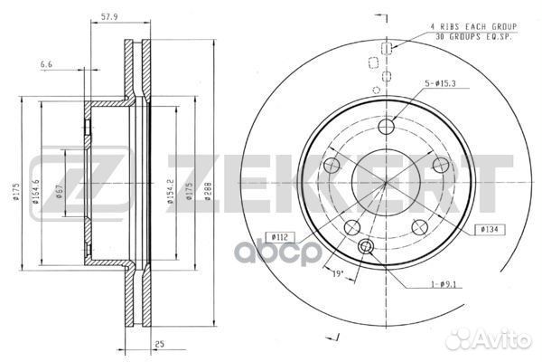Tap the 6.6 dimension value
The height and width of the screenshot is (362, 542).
pyautogui.click(x=46, y=65)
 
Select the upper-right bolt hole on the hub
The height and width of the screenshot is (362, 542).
pyautogui.click(x=441, y=166)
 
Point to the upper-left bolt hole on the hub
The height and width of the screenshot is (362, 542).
pyautogui.click(x=331, y=166)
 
